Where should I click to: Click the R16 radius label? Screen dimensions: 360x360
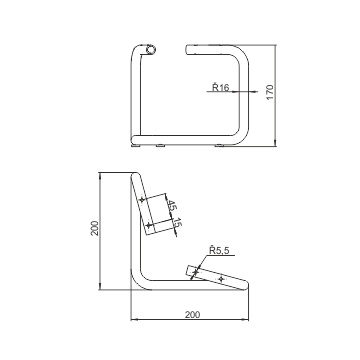click(x=221, y=87)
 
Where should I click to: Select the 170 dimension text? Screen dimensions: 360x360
click(x=270, y=92)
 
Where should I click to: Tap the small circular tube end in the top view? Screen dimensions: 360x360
click(x=151, y=50)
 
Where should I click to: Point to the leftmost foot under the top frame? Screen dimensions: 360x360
click(x=136, y=145)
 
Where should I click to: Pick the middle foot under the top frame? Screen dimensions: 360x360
click(x=160, y=145)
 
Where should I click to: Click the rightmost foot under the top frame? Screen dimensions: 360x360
click(x=220, y=145)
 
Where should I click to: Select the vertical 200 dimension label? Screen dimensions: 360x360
click(x=95, y=228)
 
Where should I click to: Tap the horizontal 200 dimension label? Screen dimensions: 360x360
click(x=192, y=314)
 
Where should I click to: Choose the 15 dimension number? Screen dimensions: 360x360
click(x=177, y=223)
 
